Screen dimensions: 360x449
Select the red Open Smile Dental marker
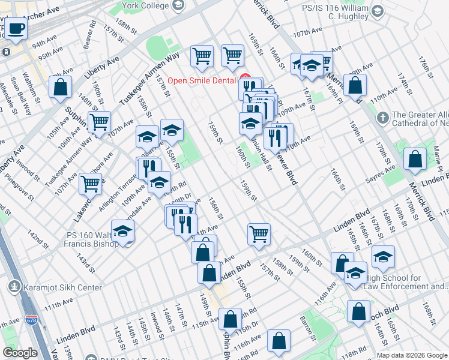(x=244, y=77)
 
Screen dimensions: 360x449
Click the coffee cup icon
(x=16, y=29)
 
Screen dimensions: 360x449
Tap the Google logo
(x=20, y=353)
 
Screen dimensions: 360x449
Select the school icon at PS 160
(x=122, y=232)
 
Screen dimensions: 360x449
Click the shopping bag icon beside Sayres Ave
(x=415, y=160)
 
